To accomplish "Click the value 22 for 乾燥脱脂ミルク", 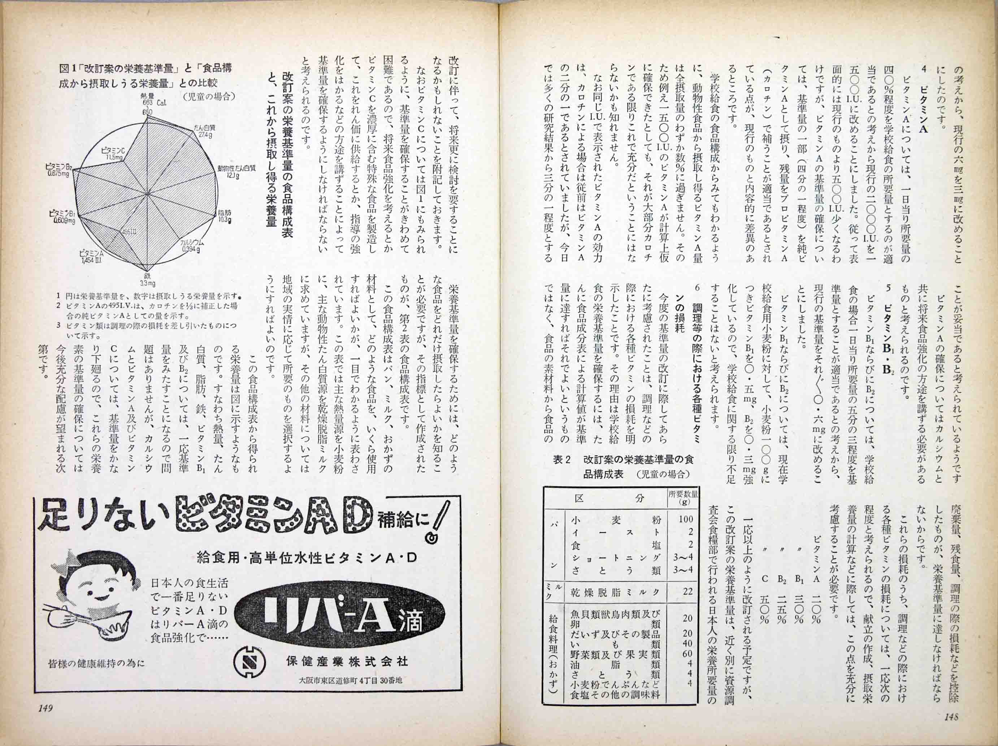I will [x=687, y=591].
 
